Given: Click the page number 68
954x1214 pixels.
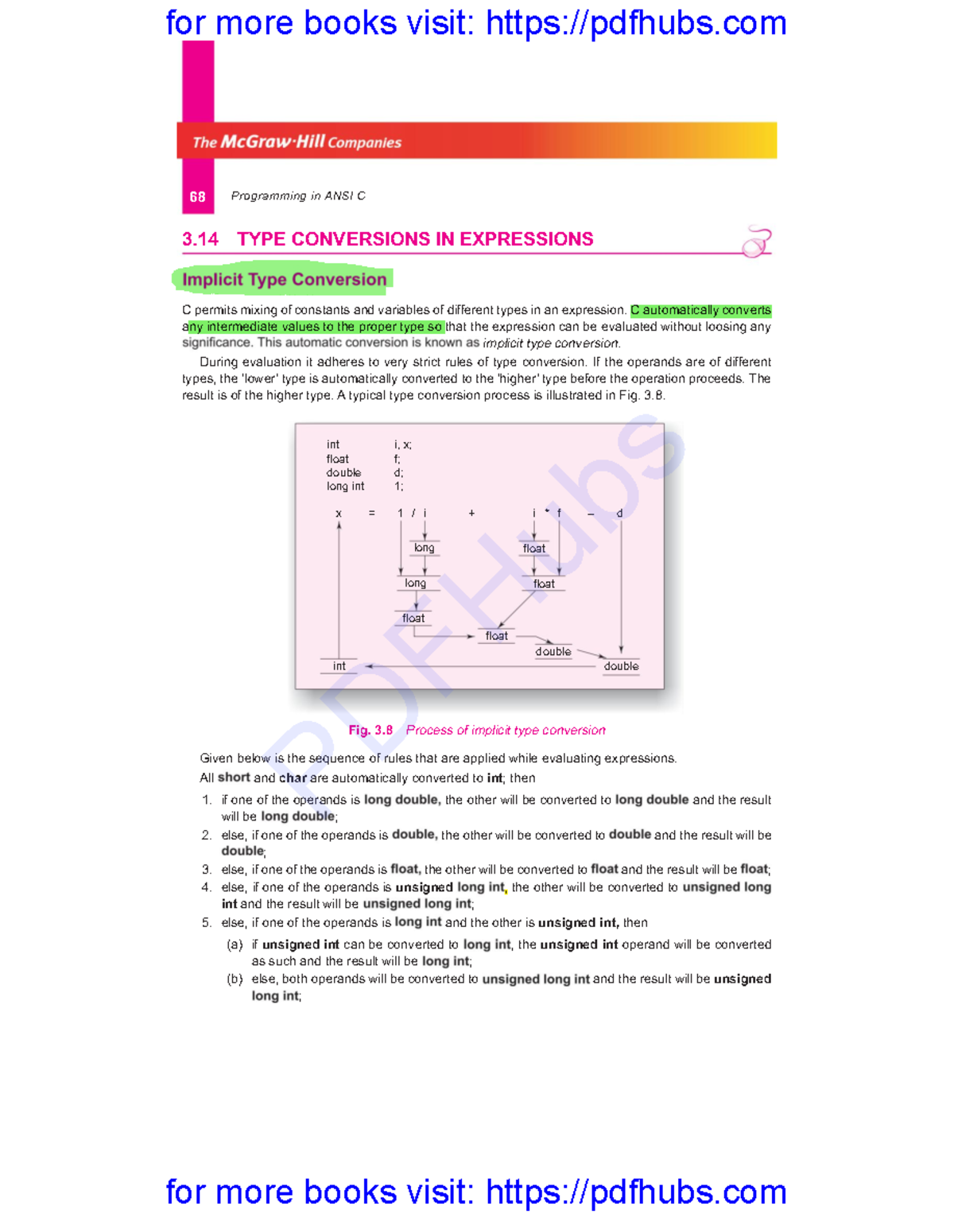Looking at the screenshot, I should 197,196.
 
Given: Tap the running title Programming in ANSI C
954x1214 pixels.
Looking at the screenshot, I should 298,196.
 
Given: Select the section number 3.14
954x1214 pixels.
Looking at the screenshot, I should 200,239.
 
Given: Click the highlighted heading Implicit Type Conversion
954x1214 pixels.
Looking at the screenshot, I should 284,279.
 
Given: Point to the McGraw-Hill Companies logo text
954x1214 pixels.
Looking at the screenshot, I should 297,142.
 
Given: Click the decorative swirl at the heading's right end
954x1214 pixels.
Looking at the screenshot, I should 756,241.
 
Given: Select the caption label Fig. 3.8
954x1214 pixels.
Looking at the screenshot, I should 370,730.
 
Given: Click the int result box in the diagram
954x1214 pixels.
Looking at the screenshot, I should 339,666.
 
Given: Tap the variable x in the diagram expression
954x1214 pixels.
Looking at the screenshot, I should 339,514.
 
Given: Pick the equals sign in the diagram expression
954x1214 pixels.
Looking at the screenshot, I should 371,514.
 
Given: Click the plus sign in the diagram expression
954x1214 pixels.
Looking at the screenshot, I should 471,514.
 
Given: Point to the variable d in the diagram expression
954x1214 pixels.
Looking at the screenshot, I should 619,514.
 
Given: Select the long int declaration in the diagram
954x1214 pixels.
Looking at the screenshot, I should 345,487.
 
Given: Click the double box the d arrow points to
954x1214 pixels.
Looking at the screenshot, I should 621,666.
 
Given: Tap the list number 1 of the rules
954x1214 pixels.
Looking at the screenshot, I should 206,800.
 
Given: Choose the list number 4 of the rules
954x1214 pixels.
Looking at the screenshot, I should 206,887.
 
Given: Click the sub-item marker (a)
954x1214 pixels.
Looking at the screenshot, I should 235,944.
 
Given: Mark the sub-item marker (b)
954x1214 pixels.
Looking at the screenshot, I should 235,979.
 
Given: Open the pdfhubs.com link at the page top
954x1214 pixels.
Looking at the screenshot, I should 636,23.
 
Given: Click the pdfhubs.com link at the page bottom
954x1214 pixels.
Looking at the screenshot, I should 636,1192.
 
